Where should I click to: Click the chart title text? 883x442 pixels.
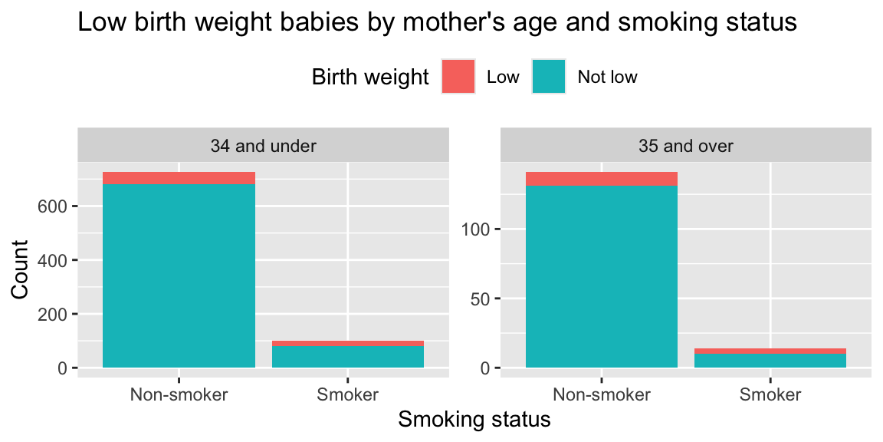[x=437, y=23]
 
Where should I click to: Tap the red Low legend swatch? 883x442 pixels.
[x=458, y=77]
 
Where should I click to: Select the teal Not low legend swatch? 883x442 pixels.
[x=549, y=77]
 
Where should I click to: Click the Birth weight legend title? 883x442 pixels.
[x=369, y=77]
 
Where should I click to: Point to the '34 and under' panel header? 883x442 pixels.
[x=263, y=145]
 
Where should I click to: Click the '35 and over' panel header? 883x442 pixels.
[x=686, y=145]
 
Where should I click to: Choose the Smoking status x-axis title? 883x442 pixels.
[x=474, y=420]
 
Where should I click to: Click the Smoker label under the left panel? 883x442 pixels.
[x=347, y=395]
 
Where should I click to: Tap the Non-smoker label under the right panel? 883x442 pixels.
[x=602, y=395]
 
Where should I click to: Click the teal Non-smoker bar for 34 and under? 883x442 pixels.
[x=179, y=276]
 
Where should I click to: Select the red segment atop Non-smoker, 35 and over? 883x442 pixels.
[x=602, y=179]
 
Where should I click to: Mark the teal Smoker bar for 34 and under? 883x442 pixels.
[x=348, y=357]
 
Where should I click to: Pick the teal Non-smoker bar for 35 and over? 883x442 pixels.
[x=602, y=276]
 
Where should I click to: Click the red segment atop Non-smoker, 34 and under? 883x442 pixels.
[x=179, y=178]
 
